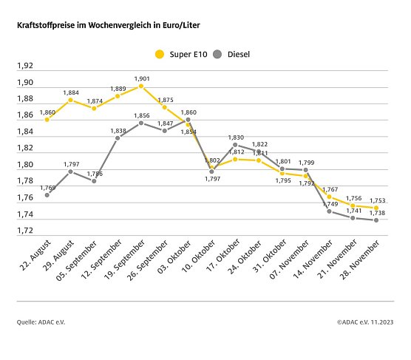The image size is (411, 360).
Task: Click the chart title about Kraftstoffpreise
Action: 108,25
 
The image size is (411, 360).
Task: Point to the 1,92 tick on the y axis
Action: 24,66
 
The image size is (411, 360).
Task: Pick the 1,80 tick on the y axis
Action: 24,165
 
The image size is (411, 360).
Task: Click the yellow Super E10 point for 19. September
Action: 140,86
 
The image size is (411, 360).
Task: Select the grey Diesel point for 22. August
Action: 47,195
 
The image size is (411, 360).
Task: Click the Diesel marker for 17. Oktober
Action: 235,145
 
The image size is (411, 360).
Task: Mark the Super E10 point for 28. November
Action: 376,208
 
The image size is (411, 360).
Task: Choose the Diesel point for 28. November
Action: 376,220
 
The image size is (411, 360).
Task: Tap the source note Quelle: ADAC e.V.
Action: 41,322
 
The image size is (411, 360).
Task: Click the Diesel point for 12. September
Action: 117,138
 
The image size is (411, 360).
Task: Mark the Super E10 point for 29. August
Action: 70,100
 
